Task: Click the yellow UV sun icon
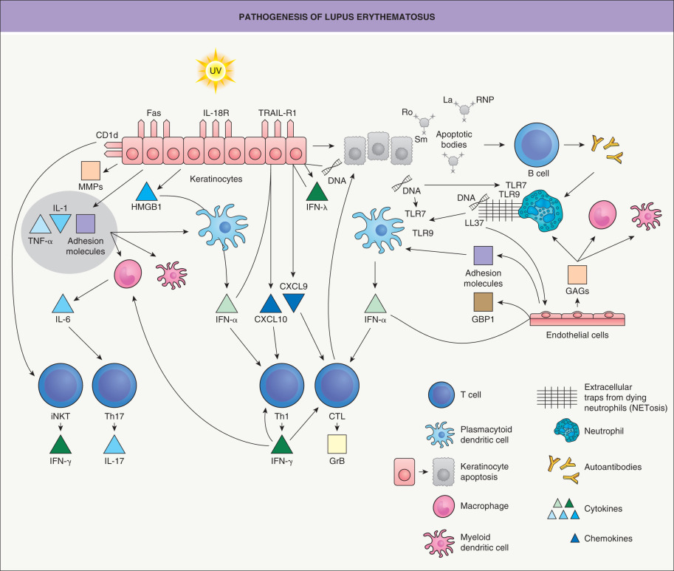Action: click(215, 71)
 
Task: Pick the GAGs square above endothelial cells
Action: click(577, 275)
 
